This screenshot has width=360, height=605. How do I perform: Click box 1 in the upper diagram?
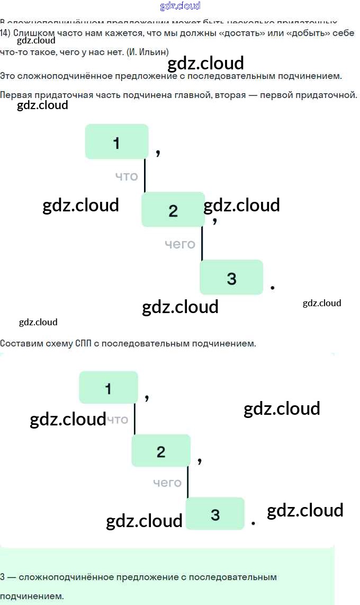(x=116, y=141)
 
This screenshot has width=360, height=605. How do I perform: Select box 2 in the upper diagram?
(x=173, y=210)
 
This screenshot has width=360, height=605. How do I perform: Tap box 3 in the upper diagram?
(x=231, y=277)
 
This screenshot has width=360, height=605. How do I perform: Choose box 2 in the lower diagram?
(x=161, y=451)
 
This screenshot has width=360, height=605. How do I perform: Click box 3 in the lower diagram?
(x=215, y=513)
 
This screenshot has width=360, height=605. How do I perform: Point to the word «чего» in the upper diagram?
(x=180, y=244)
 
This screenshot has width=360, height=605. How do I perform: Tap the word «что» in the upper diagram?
(x=127, y=176)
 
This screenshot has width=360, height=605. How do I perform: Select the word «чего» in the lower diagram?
(x=167, y=483)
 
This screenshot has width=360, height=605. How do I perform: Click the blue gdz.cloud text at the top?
(x=180, y=6)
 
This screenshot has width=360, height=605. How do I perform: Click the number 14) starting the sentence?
(x=5, y=33)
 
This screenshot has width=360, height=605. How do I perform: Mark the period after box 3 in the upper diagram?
(x=272, y=287)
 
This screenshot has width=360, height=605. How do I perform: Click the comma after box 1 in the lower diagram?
(x=147, y=397)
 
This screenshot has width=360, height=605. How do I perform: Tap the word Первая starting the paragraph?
(x=16, y=95)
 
